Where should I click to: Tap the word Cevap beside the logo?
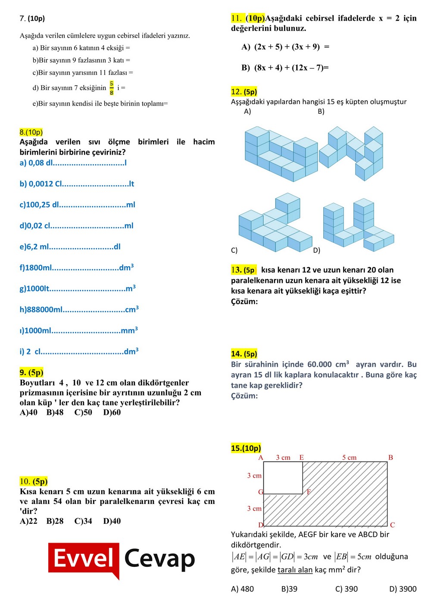[159, 559]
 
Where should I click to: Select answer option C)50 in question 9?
[83, 412]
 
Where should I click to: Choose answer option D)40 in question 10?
[112, 521]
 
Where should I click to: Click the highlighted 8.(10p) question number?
[31, 132]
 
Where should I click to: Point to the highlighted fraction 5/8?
[112, 87]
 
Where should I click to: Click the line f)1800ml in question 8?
[77, 267]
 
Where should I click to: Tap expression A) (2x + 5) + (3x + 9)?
[285, 47]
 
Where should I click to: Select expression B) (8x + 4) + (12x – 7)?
[285, 68]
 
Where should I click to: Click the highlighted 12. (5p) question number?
[244, 91]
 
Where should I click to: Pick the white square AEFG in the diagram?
[283, 478]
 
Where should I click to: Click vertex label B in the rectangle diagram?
[390, 457]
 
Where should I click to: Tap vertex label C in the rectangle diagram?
[392, 525]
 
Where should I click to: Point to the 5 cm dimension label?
[349, 457]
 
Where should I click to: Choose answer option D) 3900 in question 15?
[403, 589]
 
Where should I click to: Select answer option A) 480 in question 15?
[242, 589]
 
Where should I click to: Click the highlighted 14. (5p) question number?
[244, 354]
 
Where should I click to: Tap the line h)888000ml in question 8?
[79, 309]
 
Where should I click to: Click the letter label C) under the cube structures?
[234, 250]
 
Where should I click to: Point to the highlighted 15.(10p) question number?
[246, 448]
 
